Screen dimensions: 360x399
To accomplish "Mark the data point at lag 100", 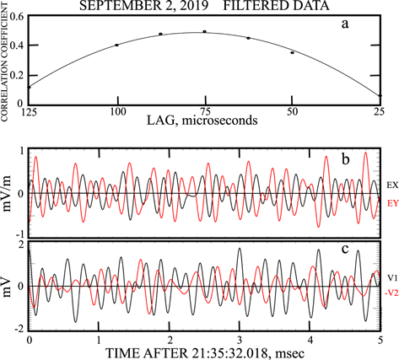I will pyautogui.click(x=116, y=46).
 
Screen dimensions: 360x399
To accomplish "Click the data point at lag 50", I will pyautogui.click(x=293, y=53).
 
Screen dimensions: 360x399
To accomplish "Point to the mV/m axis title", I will pyautogui.click(x=10, y=193).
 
